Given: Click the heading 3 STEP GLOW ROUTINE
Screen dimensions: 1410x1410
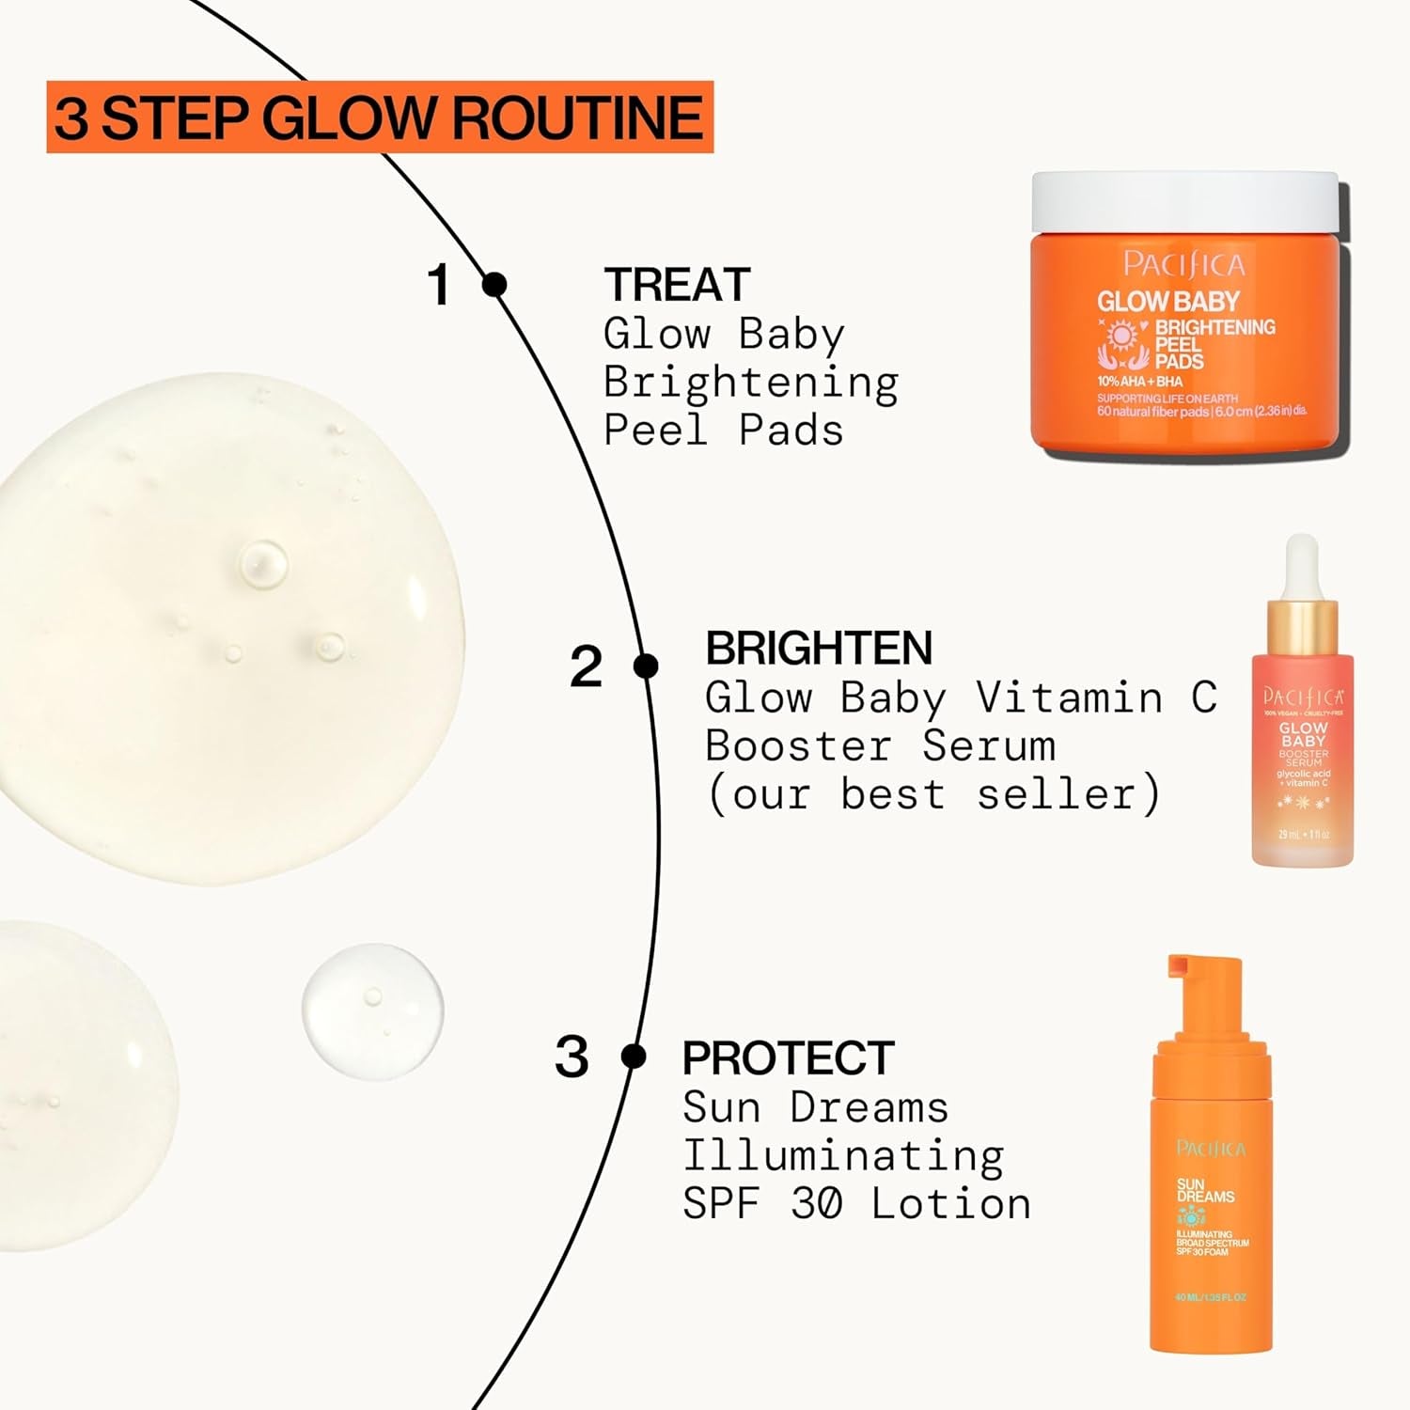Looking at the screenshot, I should pyautogui.click(x=379, y=117).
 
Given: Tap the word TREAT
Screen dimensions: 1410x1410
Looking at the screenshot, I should pyautogui.click(x=677, y=285).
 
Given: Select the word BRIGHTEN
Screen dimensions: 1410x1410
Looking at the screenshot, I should pyautogui.click(x=818, y=648).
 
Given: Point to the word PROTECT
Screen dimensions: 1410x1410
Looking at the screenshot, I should pyautogui.click(x=788, y=1057).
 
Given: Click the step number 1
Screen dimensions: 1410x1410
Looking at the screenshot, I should pyautogui.click(x=439, y=284).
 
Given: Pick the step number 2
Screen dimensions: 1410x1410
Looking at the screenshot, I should pyautogui.click(x=586, y=666).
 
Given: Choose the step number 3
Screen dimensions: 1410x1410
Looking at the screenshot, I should pyautogui.click(x=571, y=1057).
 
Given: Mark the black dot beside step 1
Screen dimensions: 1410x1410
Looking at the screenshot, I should pyautogui.click(x=494, y=284).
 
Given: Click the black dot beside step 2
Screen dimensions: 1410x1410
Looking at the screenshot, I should pyautogui.click(x=646, y=666).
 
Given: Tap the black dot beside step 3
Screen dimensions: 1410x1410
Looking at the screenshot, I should pyautogui.click(x=634, y=1057).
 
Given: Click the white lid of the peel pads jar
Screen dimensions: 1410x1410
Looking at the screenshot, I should pyautogui.click(x=1184, y=201).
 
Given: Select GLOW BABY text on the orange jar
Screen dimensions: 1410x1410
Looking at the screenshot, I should pyautogui.click(x=1168, y=302).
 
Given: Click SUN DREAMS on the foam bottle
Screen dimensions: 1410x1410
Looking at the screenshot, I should pyautogui.click(x=1204, y=1191).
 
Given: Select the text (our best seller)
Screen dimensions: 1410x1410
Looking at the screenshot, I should pyautogui.click(x=932, y=794).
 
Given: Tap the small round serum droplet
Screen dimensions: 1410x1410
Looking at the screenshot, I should pyautogui.click(x=372, y=1010).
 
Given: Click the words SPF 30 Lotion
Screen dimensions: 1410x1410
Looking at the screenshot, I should pyautogui.click(x=856, y=1204).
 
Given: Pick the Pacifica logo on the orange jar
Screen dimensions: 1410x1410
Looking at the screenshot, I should pyautogui.click(x=1183, y=264).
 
